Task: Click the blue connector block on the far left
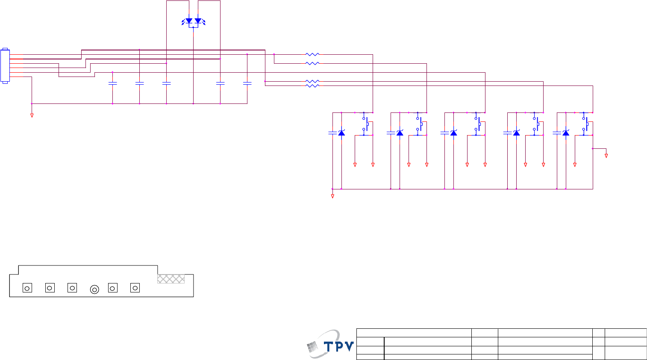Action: (x=5, y=66)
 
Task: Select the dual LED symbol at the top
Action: (x=193, y=21)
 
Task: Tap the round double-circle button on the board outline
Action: (x=94, y=289)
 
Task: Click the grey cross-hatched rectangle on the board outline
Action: (x=171, y=279)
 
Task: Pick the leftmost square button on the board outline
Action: (x=27, y=288)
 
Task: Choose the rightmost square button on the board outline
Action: (x=135, y=288)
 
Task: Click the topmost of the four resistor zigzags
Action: (x=312, y=55)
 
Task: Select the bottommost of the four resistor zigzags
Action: (x=312, y=86)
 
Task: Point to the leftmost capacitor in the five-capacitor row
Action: (x=112, y=83)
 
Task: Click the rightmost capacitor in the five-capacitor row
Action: (x=247, y=83)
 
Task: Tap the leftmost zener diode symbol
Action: (x=341, y=133)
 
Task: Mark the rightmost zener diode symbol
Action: (x=566, y=133)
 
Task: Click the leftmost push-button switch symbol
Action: (x=365, y=124)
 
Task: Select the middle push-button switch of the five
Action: (x=477, y=124)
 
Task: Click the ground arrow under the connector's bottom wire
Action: (x=32, y=115)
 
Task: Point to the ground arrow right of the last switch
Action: (x=606, y=156)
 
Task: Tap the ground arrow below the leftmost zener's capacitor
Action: (x=332, y=196)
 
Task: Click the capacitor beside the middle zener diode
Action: (x=444, y=133)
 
